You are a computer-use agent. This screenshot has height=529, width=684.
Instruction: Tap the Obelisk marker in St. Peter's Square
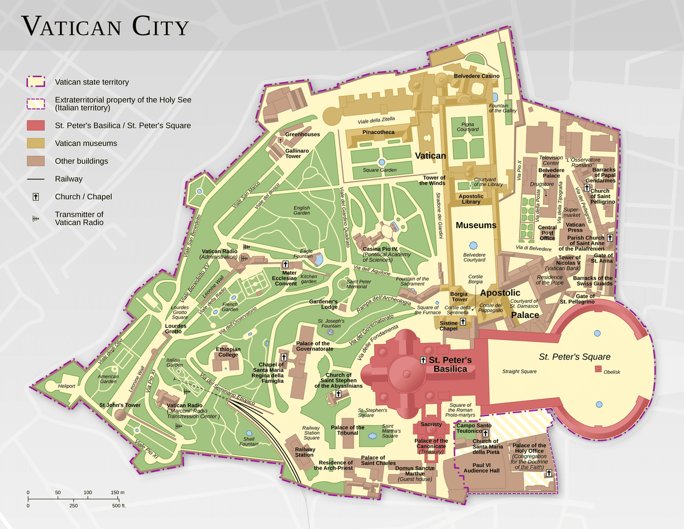(598, 369)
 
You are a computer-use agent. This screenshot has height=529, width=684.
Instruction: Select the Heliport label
(67, 386)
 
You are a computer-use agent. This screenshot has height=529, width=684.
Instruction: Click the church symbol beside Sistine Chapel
(463, 322)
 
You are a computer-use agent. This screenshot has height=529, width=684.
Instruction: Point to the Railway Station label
(304, 451)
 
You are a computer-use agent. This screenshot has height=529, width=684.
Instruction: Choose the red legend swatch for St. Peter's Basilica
(35, 126)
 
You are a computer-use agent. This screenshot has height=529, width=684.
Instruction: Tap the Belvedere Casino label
(477, 76)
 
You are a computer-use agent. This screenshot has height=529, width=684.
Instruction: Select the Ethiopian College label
(228, 352)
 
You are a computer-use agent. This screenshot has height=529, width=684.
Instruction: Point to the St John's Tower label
(120, 405)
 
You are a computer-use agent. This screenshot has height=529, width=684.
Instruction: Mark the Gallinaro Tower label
(294, 153)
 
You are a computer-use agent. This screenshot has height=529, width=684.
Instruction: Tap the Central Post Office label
(547, 233)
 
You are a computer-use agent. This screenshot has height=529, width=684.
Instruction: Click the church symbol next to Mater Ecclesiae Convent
(285, 265)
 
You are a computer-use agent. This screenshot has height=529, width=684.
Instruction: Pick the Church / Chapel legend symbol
(35, 197)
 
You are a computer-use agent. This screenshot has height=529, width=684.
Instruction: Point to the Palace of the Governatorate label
(314, 346)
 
